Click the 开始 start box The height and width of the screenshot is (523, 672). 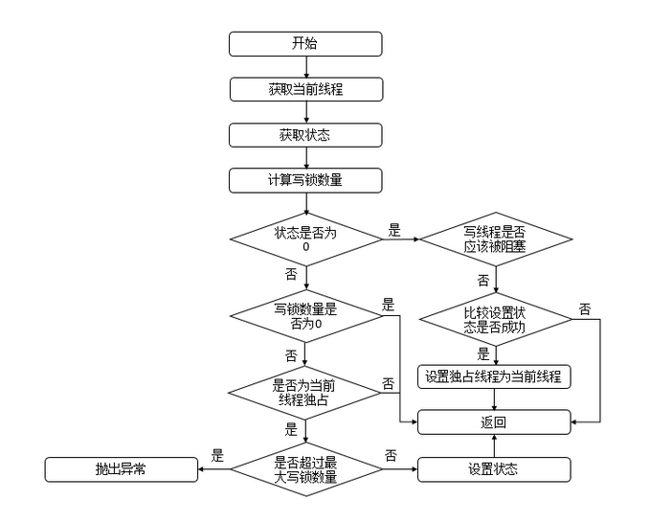[x=305, y=44]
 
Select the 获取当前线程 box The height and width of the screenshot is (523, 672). [x=305, y=89]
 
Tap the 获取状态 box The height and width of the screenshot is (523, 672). [x=305, y=135]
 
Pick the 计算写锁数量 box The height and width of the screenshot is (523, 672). [x=305, y=180]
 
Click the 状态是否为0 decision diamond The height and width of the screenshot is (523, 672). [x=305, y=239]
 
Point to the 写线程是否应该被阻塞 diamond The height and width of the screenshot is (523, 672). [x=494, y=239]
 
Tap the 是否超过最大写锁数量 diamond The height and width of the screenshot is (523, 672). [x=305, y=469]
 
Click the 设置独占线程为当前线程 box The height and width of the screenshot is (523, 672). [x=494, y=376]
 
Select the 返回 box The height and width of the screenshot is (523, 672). [x=494, y=421]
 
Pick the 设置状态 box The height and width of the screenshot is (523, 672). [x=494, y=469]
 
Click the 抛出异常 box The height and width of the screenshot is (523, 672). [x=121, y=469]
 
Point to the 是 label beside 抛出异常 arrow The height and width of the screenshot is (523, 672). [x=217, y=456]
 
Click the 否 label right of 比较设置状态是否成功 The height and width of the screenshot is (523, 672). [x=585, y=308]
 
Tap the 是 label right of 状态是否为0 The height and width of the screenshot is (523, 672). [x=393, y=230]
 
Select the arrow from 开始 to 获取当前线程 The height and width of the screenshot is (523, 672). [x=305, y=67]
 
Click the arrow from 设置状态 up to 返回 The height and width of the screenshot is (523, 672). [x=494, y=444]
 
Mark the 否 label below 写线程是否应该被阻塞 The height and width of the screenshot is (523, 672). [x=483, y=281]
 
